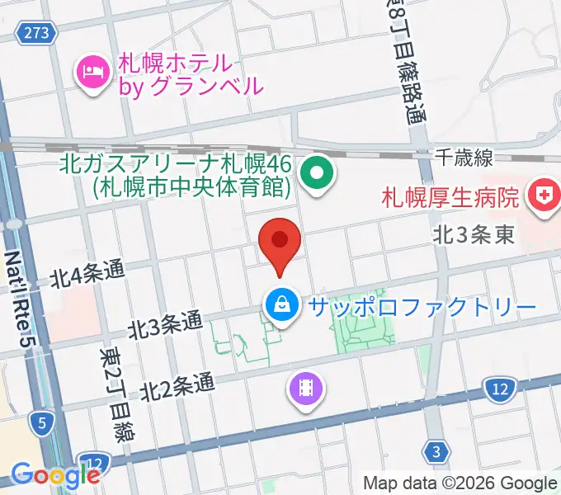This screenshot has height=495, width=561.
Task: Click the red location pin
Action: click(280, 242)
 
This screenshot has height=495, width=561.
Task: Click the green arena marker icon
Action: click(316, 174)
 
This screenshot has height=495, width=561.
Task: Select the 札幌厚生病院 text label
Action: click(450, 198)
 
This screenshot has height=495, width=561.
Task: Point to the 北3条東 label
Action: click(474, 235)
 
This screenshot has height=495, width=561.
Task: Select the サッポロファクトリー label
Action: click(422, 308)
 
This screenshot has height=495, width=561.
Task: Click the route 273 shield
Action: click(37, 33)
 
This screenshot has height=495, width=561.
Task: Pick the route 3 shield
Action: click(437, 450)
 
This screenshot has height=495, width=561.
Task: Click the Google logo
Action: click(54, 475)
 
